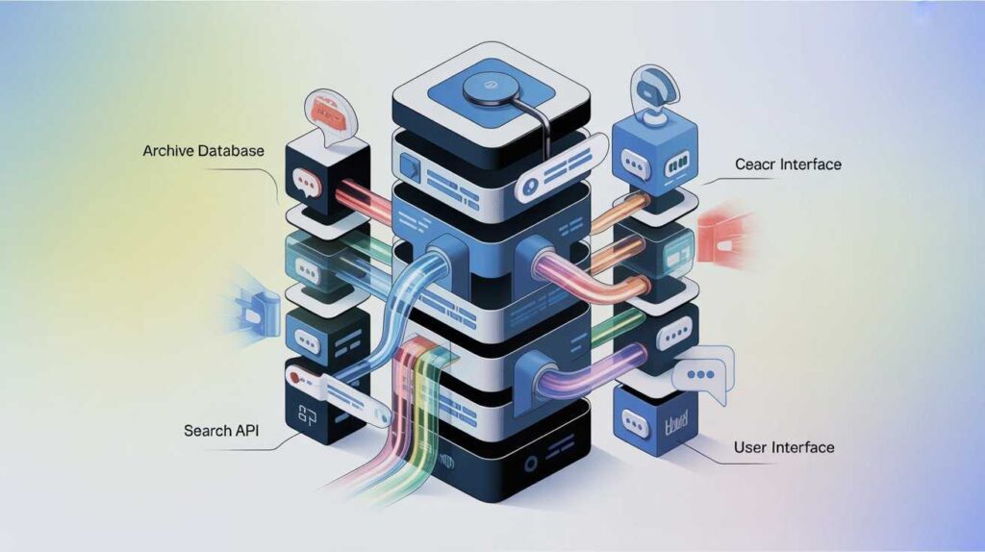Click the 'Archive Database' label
point(203,152)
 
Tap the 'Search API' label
point(221,430)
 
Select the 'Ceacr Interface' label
point(788,164)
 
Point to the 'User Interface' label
point(783,447)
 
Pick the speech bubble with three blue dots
point(703,372)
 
